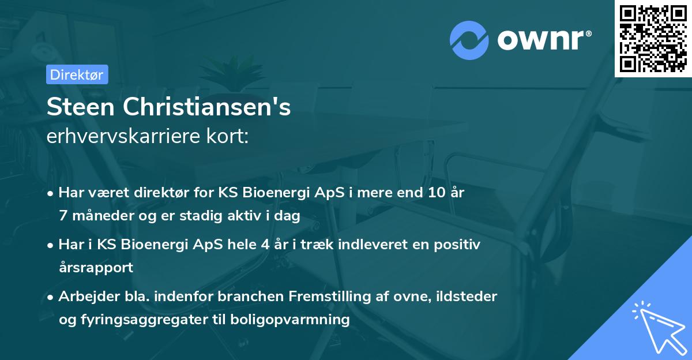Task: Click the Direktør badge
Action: [x=77, y=74]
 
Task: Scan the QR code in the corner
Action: [x=652, y=38]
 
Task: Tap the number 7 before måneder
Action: [x=62, y=216]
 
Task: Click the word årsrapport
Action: [x=96, y=267]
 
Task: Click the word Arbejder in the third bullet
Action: [x=82, y=297]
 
